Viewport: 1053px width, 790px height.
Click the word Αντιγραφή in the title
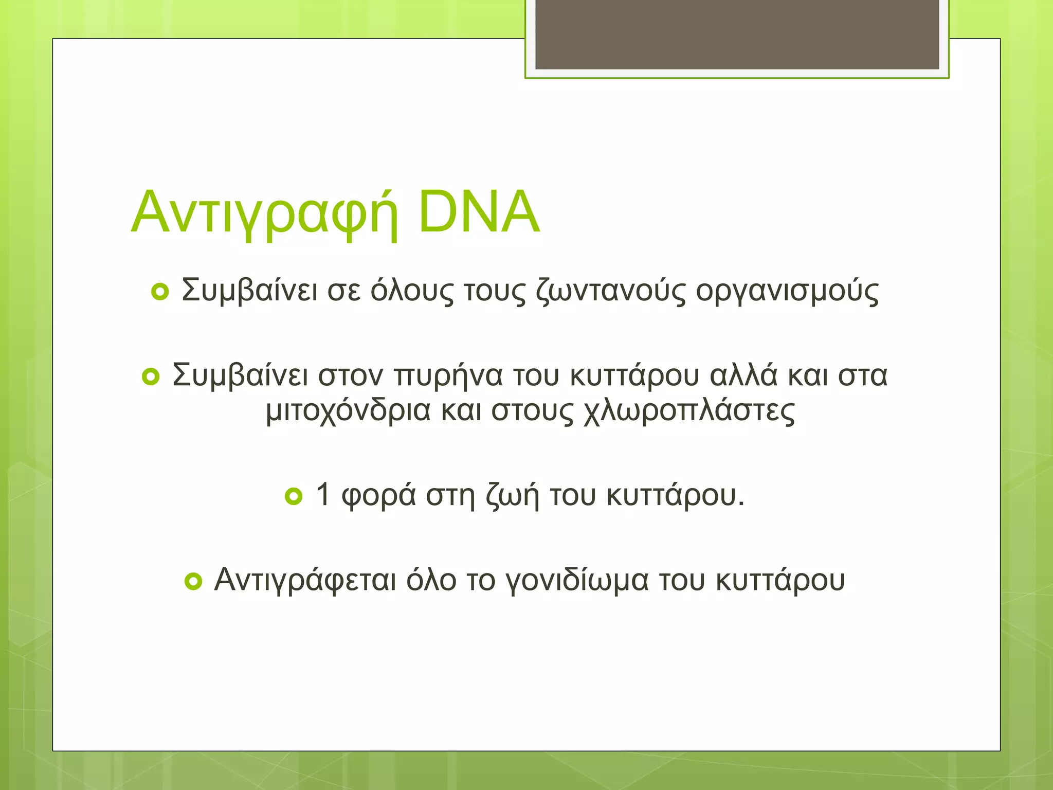265,212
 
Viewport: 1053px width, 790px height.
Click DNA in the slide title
479,212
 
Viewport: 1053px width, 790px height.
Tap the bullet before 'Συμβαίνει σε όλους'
160,292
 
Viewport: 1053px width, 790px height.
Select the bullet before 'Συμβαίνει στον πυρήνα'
151,377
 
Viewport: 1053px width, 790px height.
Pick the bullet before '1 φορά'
294,496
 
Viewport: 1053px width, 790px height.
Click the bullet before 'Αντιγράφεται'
193,581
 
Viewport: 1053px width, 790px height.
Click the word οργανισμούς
787,291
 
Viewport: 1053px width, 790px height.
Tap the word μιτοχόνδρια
348,411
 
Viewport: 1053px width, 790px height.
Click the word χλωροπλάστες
689,411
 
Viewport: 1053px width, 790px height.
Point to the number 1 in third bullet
323,494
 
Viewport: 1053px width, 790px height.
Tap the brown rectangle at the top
737,34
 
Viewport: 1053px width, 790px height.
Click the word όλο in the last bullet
431,580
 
